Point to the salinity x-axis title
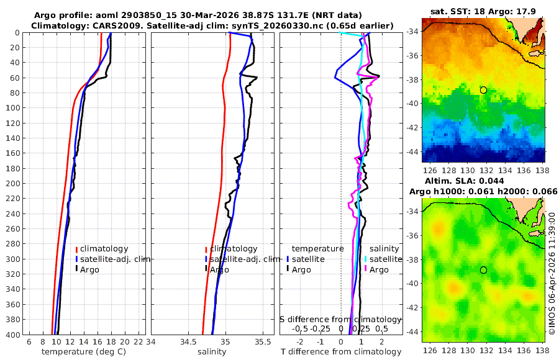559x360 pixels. [211, 352]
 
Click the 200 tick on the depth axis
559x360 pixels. [13, 184]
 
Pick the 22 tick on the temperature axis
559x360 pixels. [139, 341]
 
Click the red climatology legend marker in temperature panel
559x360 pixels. [77, 249]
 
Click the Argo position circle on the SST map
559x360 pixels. [483, 90]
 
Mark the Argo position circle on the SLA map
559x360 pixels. [483, 270]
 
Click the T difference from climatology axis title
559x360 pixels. [341, 352]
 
